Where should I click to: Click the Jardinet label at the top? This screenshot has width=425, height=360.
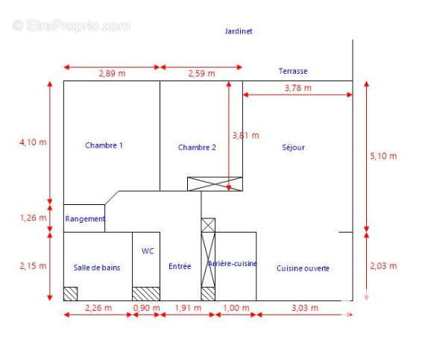pos(239,31)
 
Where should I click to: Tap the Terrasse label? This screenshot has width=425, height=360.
pos(293,72)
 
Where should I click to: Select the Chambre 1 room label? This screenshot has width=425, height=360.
pos(104,145)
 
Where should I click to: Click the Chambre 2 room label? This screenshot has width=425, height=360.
pos(197,148)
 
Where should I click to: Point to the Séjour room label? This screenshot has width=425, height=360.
pos(293,148)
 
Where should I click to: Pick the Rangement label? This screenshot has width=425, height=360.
pos(85,219)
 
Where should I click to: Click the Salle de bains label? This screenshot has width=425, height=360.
pos(97,268)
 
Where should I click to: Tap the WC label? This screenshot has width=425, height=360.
pos(148,251)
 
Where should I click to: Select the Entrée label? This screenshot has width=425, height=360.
pos(180,267)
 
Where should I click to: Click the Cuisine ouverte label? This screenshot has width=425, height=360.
pos(303,268)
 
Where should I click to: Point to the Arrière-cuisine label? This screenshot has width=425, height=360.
pos(232,264)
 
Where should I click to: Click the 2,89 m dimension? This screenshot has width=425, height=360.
pos(112,73)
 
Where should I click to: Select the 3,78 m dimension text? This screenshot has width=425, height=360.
pos(298,88)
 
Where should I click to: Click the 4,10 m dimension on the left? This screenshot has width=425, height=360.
pos(32,142)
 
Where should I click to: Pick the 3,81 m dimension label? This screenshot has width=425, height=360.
pos(245,136)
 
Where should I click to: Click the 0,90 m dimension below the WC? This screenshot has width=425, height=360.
pos(146,308)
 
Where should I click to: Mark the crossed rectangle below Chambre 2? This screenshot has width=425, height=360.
pos(215,184)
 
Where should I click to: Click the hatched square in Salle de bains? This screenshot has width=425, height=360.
pos(70,294)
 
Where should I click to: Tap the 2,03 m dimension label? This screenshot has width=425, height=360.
pos(383,264)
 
